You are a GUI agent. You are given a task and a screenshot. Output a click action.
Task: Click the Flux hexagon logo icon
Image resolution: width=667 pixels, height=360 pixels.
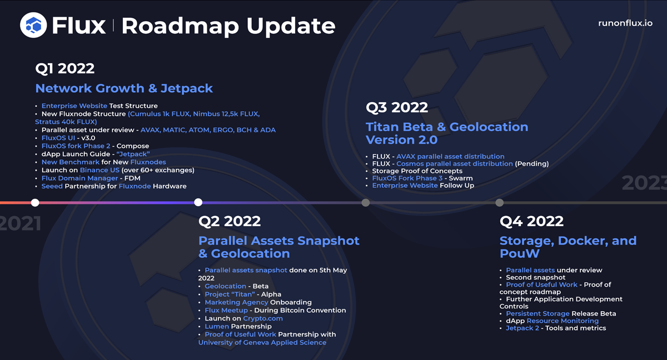click(34, 26)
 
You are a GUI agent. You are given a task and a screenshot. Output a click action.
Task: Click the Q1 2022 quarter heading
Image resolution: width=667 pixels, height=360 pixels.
click(64, 68)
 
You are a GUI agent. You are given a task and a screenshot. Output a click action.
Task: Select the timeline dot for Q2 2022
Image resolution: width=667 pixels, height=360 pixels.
click(198, 202)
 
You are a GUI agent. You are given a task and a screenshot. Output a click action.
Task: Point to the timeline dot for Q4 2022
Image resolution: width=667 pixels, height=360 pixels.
click(499, 202)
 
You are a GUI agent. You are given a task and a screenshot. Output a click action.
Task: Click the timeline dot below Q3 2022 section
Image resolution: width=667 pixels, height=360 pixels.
click(365, 202)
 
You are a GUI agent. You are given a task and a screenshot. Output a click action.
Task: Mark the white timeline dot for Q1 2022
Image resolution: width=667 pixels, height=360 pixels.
click(35, 202)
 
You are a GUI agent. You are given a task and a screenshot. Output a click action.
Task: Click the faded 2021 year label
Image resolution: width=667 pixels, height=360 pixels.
click(20, 223)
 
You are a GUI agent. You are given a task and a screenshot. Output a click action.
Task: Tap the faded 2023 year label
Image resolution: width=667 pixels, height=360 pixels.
click(645, 183)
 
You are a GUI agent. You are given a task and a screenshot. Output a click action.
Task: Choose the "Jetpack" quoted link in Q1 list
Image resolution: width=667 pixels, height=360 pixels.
click(133, 154)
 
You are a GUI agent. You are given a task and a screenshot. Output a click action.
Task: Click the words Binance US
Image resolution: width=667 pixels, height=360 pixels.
click(99, 170)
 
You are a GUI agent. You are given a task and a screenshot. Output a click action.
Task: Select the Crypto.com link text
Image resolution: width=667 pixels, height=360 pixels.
click(262, 318)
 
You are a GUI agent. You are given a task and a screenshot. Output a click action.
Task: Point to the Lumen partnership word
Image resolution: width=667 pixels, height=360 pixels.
click(217, 327)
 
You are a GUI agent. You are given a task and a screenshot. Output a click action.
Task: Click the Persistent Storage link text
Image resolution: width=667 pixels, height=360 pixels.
click(537, 313)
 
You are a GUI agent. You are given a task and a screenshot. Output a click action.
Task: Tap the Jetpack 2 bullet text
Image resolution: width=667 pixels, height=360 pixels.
click(522, 328)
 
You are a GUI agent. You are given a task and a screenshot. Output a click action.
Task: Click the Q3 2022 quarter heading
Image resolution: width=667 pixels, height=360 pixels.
click(396, 107)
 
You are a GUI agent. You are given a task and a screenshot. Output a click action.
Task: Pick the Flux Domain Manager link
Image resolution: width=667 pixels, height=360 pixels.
click(79, 178)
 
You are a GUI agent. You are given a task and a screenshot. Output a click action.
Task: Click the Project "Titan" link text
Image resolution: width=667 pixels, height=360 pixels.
click(230, 294)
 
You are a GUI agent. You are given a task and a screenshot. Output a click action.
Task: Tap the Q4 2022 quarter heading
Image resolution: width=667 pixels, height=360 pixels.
click(531, 221)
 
